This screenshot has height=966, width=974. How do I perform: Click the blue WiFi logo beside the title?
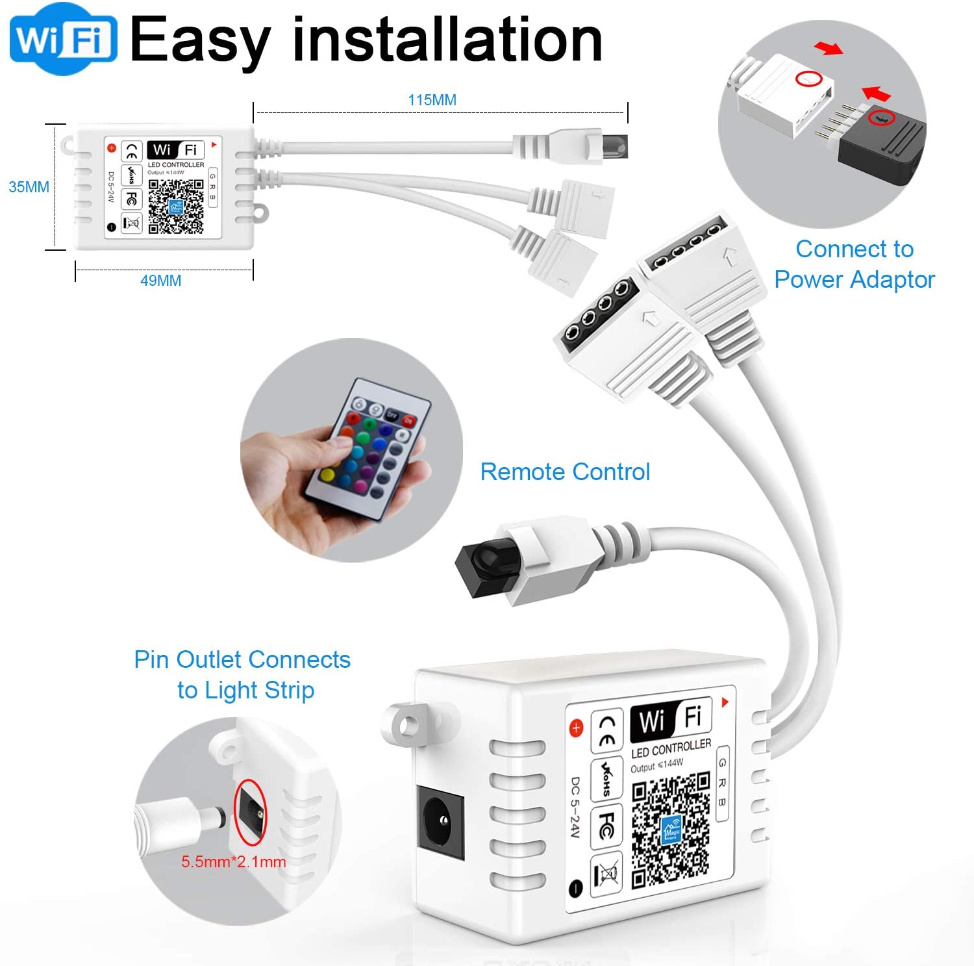(x=63, y=39)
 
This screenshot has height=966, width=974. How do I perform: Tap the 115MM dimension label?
(x=432, y=100)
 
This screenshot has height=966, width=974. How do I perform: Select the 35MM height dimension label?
(x=29, y=187)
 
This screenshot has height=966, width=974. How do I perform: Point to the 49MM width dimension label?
(x=160, y=281)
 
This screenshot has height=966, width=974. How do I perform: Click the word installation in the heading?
(x=447, y=40)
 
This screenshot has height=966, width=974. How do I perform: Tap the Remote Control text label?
(x=565, y=472)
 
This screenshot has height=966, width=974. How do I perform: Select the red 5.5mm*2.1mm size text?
(x=233, y=862)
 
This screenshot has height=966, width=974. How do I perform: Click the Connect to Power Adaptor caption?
(x=854, y=264)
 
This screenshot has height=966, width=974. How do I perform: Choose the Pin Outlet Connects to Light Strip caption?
(x=242, y=674)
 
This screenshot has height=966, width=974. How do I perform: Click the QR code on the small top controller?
(x=176, y=206)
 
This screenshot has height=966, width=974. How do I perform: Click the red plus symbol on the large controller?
(x=576, y=728)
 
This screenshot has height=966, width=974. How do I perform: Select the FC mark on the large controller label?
(x=606, y=825)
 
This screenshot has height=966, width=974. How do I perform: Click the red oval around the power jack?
(x=250, y=812)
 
